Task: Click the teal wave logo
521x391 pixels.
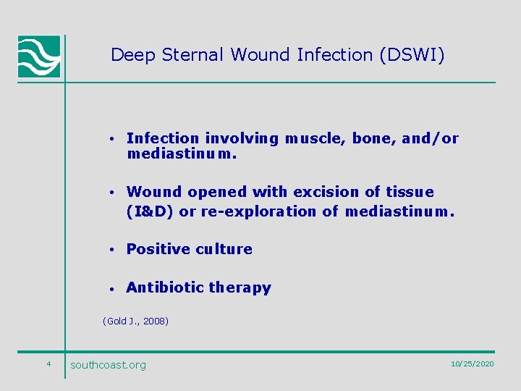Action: click(39, 56)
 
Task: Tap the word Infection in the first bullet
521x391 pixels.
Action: click(162, 138)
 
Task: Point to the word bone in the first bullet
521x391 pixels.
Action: click(373, 138)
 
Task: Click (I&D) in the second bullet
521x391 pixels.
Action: click(150, 212)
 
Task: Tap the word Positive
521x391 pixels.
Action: click(155, 249)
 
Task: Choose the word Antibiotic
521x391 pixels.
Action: click(165, 287)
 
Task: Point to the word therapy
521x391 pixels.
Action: click(240, 288)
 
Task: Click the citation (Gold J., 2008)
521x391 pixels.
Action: click(135, 321)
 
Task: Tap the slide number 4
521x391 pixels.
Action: click(48, 363)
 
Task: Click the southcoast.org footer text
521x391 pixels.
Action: click(108, 365)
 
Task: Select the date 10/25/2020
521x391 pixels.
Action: click(472, 363)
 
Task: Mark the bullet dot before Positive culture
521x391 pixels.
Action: click(113, 250)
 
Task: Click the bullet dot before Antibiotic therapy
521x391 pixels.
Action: click(113, 288)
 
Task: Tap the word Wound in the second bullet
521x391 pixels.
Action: click(154, 192)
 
